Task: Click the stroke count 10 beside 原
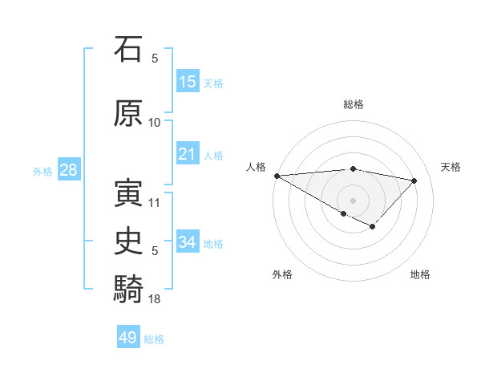click(155, 122)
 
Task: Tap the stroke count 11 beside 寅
click(155, 202)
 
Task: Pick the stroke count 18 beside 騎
click(155, 298)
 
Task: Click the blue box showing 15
click(188, 82)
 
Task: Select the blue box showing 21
click(188, 154)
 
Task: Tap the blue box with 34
click(188, 242)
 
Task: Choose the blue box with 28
click(67, 170)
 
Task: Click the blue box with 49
click(128, 338)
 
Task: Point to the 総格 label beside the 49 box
click(155, 339)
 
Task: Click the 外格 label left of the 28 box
click(42, 172)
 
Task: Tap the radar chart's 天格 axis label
click(451, 167)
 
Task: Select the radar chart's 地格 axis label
click(420, 274)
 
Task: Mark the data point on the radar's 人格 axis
click(277, 176)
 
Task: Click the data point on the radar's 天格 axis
click(414, 180)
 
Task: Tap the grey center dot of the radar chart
click(353, 200)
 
